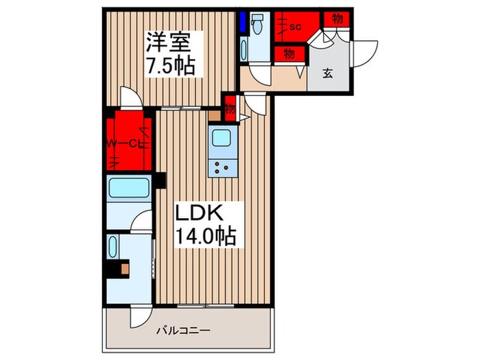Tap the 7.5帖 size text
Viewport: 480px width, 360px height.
[x=169, y=67]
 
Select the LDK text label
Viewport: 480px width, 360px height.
[x=197, y=212]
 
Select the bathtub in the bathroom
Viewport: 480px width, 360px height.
[x=130, y=187]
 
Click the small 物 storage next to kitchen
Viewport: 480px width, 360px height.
[x=230, y=108]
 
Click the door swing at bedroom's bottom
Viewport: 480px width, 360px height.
[x=130, y=97]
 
